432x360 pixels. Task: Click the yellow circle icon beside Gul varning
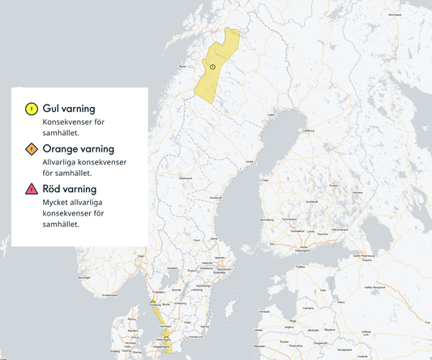[x=31, y=109]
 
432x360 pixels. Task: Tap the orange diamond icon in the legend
[x=31, y=149]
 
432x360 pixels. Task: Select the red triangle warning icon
[x=31, y=189]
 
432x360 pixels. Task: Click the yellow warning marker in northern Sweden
[x=212, y=66]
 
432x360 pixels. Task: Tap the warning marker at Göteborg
[x=152, y=302]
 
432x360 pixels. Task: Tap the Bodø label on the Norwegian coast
[x=182, y=67]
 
